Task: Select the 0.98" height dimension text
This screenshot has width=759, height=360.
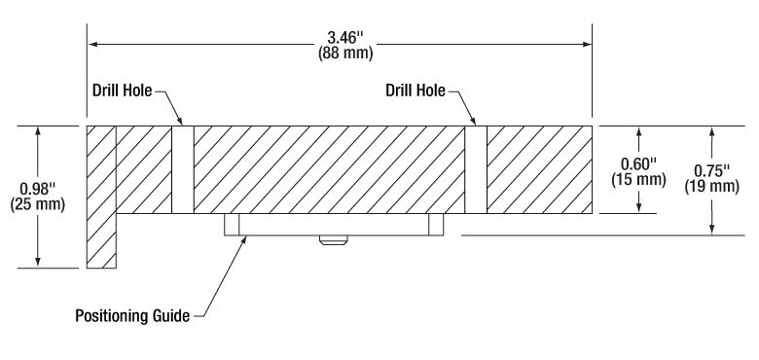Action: click(39, 188)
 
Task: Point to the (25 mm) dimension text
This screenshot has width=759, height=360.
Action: click(39, 203)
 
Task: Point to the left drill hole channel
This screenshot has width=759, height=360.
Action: click(183, 169)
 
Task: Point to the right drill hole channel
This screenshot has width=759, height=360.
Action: click(475, 169)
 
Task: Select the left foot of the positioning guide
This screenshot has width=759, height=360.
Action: click(232, 224)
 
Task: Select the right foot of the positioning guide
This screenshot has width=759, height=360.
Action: click(436, 224)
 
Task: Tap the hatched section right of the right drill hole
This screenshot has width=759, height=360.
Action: click(539, 169)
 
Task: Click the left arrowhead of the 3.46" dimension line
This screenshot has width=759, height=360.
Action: click(93, 44)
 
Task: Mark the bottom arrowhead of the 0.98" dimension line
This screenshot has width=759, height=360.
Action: click(39, 261)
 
